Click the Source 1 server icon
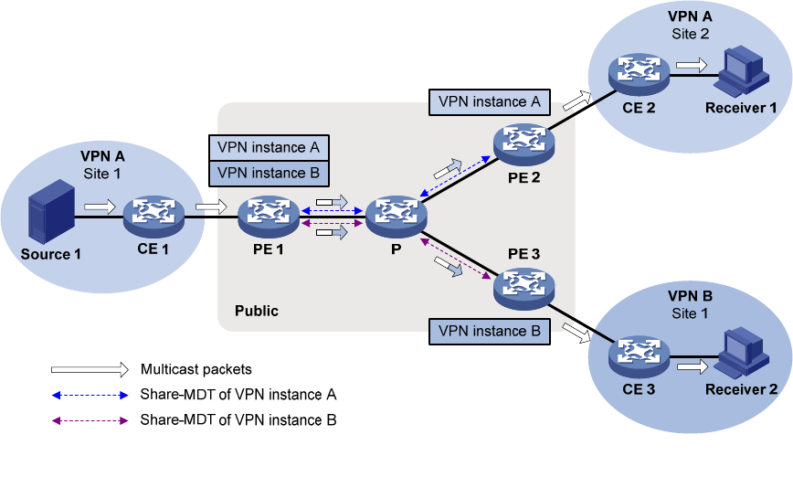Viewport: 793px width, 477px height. (50, 211)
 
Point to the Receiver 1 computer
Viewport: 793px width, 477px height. (741, 70)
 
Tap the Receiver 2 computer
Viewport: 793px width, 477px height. (741, 354)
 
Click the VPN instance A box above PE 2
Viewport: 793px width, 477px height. (490, 102)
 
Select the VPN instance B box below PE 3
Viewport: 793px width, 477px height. (490, 331)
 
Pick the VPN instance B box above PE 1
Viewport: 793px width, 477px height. (268, 172)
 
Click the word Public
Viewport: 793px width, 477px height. (257, 311)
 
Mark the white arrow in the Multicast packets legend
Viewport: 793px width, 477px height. (89, 370)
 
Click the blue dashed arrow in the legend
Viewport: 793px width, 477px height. (89, 396)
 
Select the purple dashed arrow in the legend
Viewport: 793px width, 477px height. (89, 420)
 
